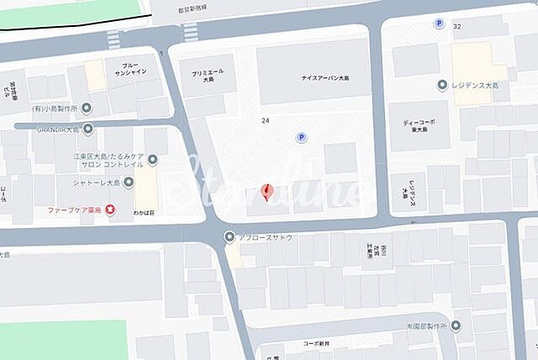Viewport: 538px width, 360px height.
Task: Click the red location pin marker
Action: click(x=267, y=193)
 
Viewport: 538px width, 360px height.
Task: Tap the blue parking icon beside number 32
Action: click(x=438, y=24)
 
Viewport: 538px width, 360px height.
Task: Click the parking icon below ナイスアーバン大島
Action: click(x=300, y=137)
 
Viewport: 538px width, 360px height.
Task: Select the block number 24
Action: click(x=266, y=121)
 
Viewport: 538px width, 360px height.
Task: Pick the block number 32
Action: click(x=457, y=27)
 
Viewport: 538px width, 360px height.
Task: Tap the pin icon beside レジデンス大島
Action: click(x=442, y=85)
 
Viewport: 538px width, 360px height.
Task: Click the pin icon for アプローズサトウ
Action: click(x=229, y=237)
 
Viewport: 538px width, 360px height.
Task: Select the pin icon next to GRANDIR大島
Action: click(x=87, y=129)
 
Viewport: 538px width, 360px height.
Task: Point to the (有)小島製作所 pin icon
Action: click(x=87, y=108)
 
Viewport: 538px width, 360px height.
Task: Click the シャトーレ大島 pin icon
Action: click(x=129, y=182)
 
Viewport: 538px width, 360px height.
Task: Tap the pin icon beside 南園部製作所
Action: click(x=456, y=326)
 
